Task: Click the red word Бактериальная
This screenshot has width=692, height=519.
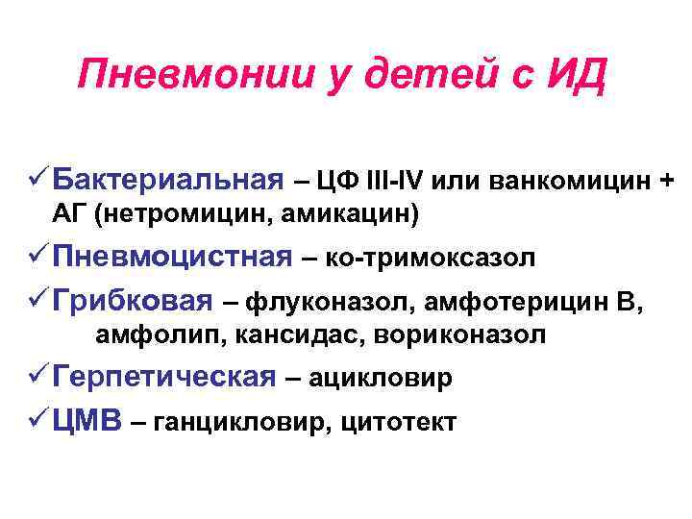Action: [x=169, y=179]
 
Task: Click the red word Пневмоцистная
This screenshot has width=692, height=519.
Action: [x=173, y=257]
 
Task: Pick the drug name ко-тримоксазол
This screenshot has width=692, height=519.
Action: [x=432, y=259]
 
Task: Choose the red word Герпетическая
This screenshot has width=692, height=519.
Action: [x=165, y=377]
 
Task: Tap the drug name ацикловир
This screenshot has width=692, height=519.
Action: [x=389, y=379]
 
